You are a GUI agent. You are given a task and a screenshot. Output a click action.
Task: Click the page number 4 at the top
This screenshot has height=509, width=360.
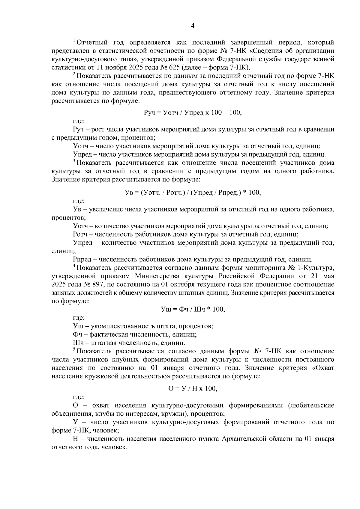point(193,26)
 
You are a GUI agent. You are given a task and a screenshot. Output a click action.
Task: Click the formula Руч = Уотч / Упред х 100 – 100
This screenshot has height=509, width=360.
point(193,113)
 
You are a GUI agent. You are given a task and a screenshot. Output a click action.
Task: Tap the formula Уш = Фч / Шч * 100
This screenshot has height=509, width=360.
point(193,310)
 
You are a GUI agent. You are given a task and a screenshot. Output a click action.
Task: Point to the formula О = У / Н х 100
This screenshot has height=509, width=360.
point(193,388)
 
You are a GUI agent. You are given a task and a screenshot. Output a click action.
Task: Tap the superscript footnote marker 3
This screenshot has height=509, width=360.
point(74,161)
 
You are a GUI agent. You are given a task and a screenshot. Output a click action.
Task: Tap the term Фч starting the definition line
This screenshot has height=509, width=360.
point(77,334)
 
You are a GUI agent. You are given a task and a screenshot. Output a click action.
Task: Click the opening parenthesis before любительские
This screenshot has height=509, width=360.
point(289,406)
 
